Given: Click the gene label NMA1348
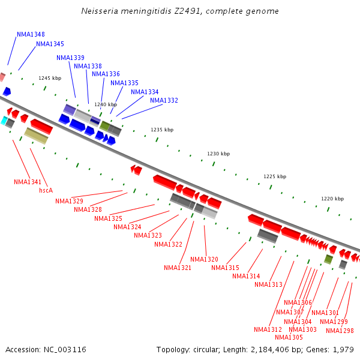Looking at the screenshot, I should coord(31,34).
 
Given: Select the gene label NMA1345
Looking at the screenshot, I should coord(50,44).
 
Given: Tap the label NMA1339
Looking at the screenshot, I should coord(70,58).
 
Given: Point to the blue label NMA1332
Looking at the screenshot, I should coord(164,100).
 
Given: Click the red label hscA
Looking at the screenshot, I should coord(46,190).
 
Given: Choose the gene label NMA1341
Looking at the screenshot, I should coord(28,182).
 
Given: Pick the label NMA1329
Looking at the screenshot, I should coord(69,201).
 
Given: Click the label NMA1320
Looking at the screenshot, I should coord(204,259).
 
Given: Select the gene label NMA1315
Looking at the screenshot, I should coord(225,268).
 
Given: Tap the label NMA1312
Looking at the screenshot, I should coord(268,329).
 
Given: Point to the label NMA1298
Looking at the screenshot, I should coord(340,331).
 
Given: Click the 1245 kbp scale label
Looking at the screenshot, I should coord(50,78).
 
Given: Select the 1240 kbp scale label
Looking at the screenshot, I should coord(106,104).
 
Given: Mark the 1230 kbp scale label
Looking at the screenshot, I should coord(218,154).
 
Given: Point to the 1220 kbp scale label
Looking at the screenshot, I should coord(332,198).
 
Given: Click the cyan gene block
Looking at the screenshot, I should coord(4,121).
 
